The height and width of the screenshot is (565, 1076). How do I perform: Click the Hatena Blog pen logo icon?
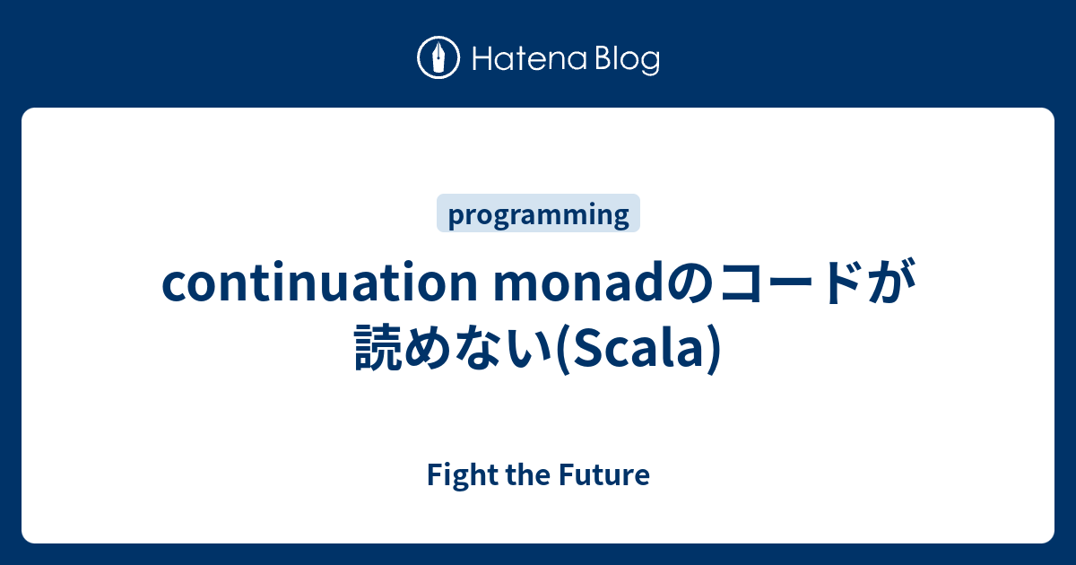pyautogui.click(x=438, y=59)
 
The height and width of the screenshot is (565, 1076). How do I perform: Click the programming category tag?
pyautogui.click(x=538, y=214)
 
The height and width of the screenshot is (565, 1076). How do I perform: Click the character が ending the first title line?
pyautogui.click(x=888, y=286)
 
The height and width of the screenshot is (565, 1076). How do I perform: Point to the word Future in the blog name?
pyautogui.click(x=608, y=474)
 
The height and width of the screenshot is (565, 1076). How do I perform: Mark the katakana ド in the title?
pyautogui.click(x=840, y=286)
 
